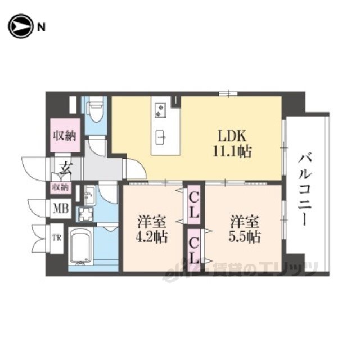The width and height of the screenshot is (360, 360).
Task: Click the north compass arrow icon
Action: [20, 26]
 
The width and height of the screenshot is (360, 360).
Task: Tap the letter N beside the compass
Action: [41, 28]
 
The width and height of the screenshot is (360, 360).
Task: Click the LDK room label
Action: [232, 136]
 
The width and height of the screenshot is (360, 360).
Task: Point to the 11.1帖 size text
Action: [232, 151]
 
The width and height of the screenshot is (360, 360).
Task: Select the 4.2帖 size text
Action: [151, 237]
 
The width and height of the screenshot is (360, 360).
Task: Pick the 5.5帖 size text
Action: [245, 237]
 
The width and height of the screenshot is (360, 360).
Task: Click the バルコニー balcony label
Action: [305, 191]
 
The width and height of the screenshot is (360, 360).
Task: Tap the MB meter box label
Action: [61, 209]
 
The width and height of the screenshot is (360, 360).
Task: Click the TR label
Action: [57, 238]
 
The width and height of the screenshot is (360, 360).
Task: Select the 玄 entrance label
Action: [66, 169]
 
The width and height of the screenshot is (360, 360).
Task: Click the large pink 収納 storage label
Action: [65, 136]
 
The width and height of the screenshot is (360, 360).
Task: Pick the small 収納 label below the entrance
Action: [60, 187]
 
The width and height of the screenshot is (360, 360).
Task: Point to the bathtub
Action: [81, 246]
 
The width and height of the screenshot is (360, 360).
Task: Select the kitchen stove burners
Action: [160, 110]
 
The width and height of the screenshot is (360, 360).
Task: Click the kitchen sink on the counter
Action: [161, 137]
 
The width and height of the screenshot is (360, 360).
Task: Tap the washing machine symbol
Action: [85, 214]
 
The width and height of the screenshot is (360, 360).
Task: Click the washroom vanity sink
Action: [89, 195]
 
